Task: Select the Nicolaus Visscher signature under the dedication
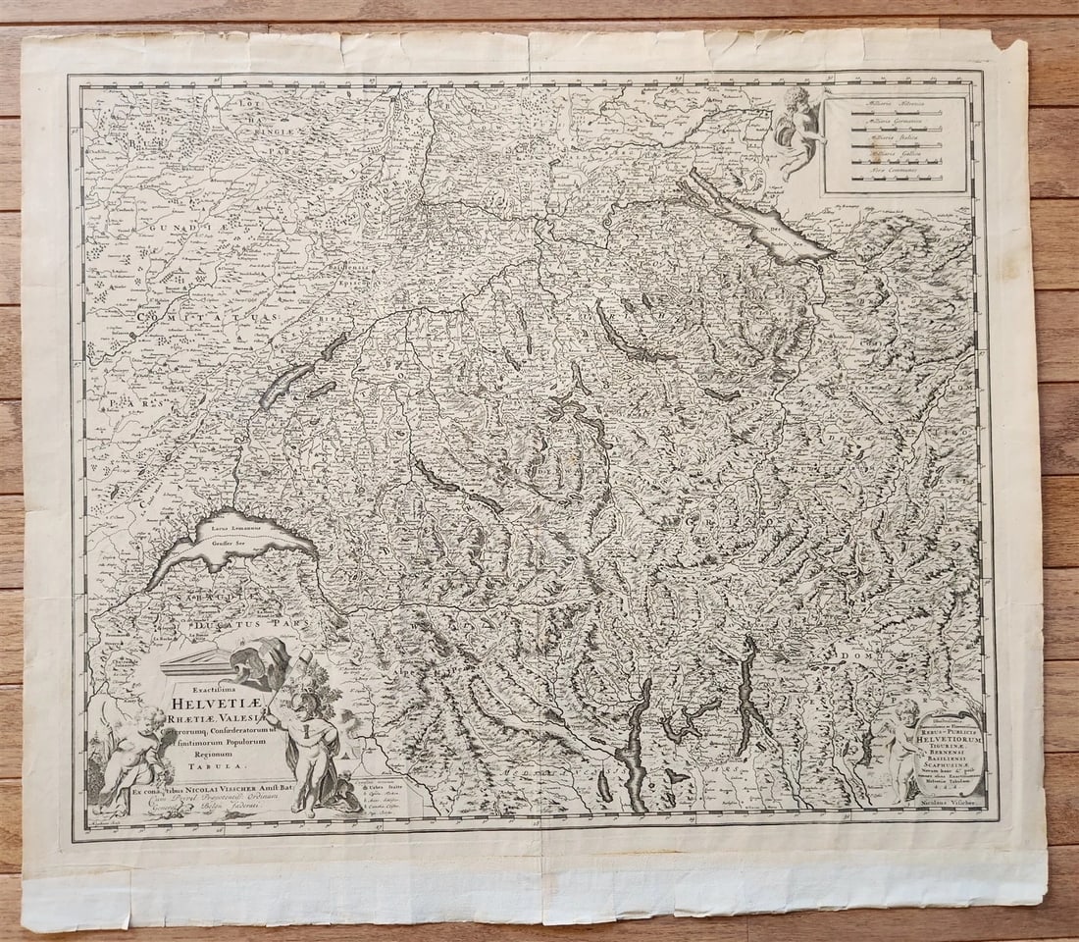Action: click(x=944, y=802)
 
